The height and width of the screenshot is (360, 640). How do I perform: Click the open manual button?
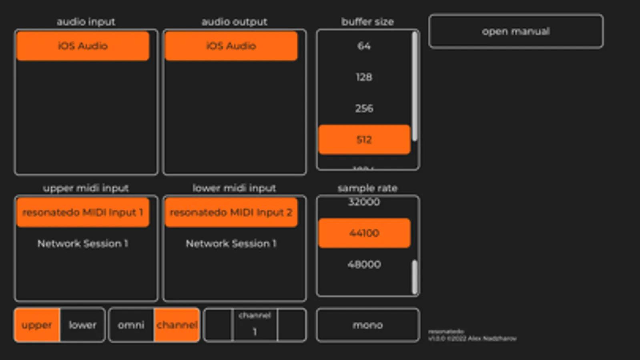(x=516, y=32)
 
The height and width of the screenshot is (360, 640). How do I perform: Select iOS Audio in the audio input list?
(x=83, y=46)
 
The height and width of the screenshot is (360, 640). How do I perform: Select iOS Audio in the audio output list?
(x=231, y=46)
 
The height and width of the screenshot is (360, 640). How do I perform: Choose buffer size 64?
(x=364, y=46)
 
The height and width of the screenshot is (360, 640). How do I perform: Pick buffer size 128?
(x=364, y=77)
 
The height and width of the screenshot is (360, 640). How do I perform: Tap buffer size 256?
(x=364, y=108)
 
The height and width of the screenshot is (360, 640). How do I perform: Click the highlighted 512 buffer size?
(x=364, y=140)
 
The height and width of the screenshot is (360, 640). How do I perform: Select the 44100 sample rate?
(x=364, y=233)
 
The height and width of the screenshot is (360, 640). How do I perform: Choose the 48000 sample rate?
(x=364, y=264)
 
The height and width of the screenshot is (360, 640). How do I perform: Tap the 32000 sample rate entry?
(x=364, y=202)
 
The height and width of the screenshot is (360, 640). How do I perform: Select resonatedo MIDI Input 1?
(x=83, y=212)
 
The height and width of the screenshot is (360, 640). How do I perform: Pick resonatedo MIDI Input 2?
(x=231, y=212)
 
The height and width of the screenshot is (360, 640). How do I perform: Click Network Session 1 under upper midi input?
(x=83, y=244)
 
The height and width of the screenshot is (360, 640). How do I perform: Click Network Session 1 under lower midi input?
(x=231, y=244)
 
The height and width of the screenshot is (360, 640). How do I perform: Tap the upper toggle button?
(x=37, y=325)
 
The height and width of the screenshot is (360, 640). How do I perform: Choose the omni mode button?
(x=131, y=325)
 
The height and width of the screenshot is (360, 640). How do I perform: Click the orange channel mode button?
(x=177, y=325)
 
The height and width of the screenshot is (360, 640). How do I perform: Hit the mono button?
(x=367, y=325)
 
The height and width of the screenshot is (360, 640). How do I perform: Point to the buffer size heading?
(x=367, y=22)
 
